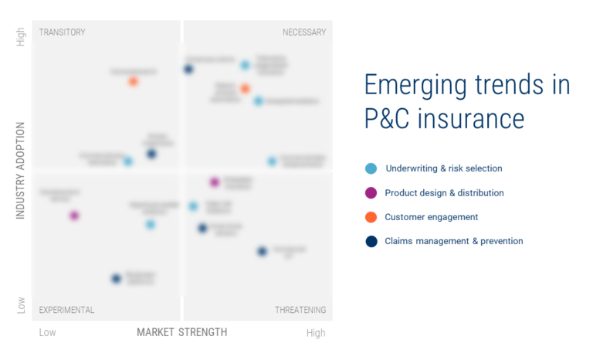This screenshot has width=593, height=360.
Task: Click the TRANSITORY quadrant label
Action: [62, 32]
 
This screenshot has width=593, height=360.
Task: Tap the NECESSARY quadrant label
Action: [304, 32]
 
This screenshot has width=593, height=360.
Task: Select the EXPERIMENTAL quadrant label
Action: [66, 310]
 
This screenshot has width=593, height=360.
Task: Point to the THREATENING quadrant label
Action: [300, 310]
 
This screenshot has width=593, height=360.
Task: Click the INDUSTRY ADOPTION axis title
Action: [21, 169]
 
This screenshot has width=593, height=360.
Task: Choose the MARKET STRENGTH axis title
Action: [182, 332]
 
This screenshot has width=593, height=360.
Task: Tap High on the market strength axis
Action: [315, 333]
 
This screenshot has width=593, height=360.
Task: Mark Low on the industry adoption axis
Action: [21, 306]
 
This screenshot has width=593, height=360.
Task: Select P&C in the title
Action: [390, 120]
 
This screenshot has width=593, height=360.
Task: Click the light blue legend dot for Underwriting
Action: [371, 168]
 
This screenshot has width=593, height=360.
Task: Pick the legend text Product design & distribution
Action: [444, 193]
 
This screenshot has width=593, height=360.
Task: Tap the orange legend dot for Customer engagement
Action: [371, 217]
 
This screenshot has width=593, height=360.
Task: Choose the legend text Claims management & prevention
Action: [453, 241]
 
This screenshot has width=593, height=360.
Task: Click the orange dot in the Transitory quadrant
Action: [134, 81]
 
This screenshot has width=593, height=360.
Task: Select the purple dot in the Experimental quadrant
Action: [74, 216]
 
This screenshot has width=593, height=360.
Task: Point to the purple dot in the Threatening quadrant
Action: [215, 182]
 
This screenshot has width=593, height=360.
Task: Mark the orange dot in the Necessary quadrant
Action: [245, 89]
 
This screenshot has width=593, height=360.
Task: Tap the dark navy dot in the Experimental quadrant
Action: [116, 278]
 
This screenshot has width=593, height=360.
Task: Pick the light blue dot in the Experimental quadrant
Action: [151, 224]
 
